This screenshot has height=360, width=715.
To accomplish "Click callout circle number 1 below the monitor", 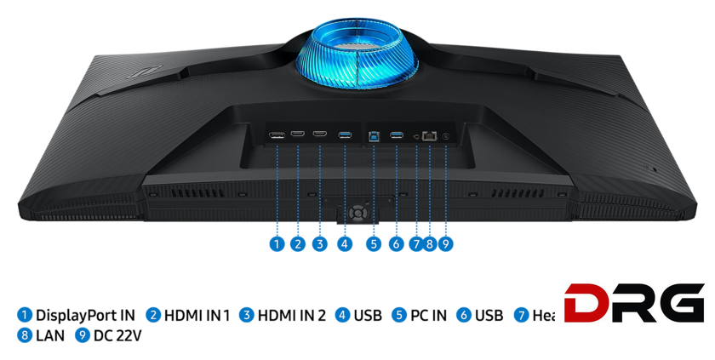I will [276, 244].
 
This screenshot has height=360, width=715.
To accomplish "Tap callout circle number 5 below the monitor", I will [374, 244].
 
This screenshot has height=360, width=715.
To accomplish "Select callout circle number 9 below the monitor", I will [445, 244].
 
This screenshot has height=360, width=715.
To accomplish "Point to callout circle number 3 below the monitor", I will [319, 244].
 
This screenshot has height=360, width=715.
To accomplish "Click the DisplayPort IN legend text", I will [85, 316].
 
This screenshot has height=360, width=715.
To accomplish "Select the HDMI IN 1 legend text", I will [197, 316].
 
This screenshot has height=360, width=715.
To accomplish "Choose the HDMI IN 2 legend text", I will [291, 316].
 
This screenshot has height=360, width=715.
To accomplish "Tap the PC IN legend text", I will [428, 316].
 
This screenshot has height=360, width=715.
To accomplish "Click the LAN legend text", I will [50, 336].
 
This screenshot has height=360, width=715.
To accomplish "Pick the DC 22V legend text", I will [117, 336].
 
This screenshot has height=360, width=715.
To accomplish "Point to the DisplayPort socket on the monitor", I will [277, 134].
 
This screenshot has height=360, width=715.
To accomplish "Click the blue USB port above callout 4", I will [344, 134].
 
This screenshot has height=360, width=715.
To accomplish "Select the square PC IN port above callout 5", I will [374, 134].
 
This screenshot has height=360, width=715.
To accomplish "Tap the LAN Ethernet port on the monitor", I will [430, 134].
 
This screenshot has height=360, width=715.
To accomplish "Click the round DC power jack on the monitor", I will [446, 135].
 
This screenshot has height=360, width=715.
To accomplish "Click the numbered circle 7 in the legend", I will [521, 316].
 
